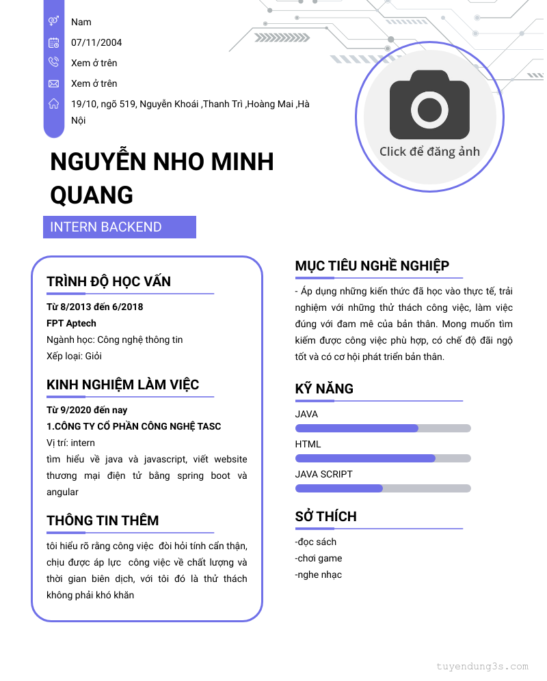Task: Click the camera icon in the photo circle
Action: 429,109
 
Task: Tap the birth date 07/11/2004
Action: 96,42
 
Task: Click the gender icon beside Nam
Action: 53,22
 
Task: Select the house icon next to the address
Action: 53,104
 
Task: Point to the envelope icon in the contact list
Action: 53,83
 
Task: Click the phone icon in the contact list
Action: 53,63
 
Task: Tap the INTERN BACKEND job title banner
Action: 120,227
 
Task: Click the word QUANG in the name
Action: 92,195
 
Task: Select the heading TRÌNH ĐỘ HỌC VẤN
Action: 109,281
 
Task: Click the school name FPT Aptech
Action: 71,323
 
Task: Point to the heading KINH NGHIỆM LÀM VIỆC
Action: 122,385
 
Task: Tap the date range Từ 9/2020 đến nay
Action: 87,410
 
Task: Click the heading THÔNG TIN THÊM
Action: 103,520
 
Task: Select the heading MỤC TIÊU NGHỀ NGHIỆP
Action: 372,266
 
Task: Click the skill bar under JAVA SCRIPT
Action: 383,488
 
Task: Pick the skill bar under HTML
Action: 383,458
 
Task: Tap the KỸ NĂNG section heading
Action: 324,389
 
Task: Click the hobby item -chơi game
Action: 319,558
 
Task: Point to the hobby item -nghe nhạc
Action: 319,574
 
